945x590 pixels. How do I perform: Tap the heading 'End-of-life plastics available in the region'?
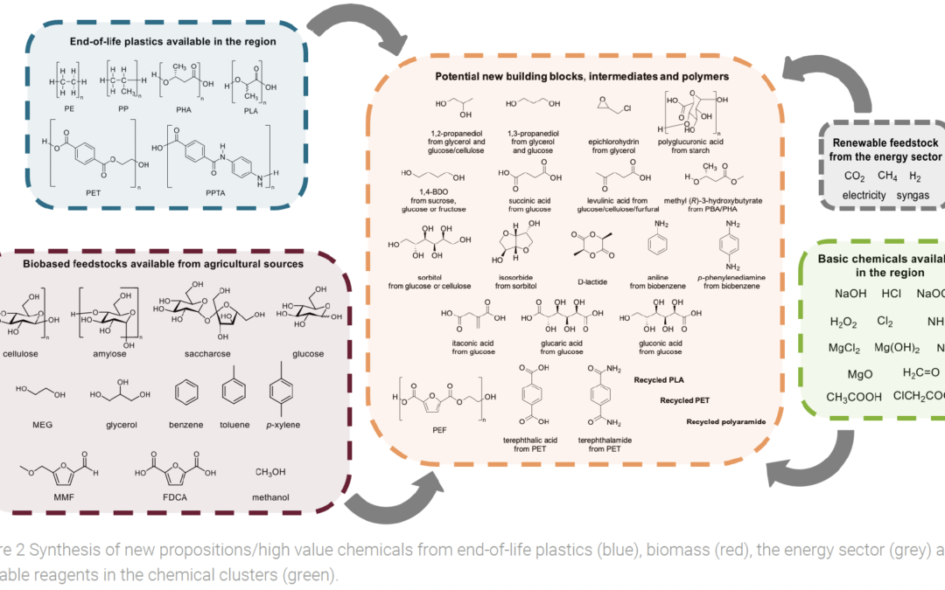tap(173, 41)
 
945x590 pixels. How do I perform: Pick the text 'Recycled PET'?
tap(684, 400)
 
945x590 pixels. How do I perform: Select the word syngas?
tap(913, 196)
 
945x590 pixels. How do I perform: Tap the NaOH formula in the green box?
tap(850, 295)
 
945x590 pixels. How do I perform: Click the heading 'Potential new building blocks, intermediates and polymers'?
tap(582, 77)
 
